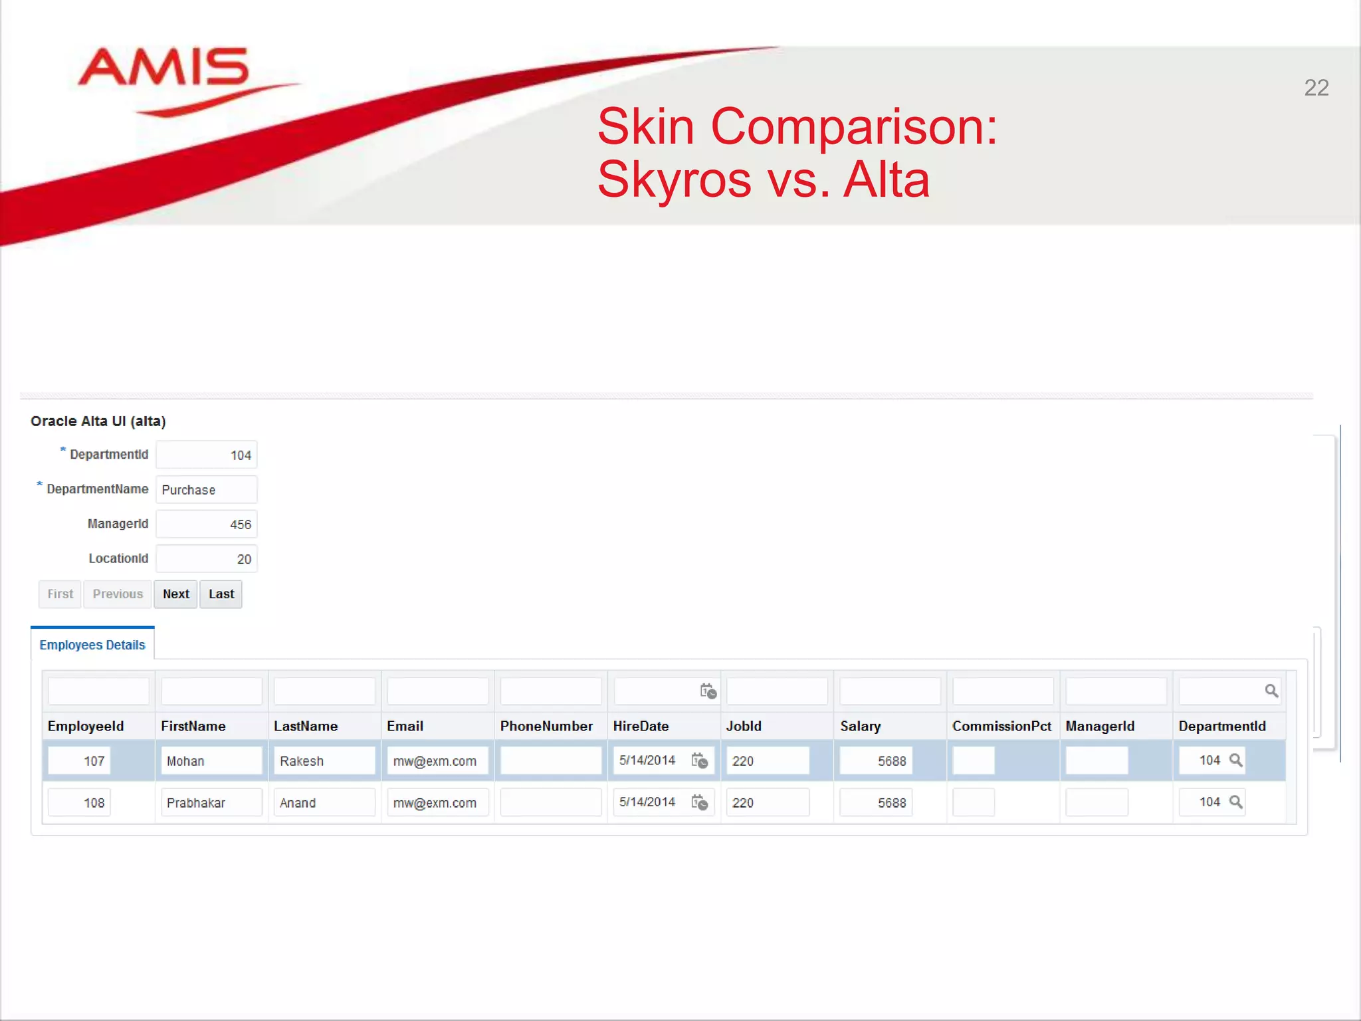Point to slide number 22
[x=1316, y=88]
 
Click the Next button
[x=175, y=594]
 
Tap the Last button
[x=221, y=594]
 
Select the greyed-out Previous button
[x=118, y=594]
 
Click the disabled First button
[x=60, y=594]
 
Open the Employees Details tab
[x=92, y=645]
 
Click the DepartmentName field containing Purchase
[x=207, y=490]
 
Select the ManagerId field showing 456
[x=207, y=524]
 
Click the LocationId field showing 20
[x=207, y=559]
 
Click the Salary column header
[x=861, y=726]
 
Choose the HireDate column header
[x=641, y=726]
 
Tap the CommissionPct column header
[x=1001, y=726]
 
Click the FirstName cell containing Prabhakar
[x=211, y=803]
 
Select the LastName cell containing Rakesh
[x=324, y=761]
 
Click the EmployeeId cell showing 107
[x=80, y=761]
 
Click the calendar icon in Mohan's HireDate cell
[x=700, y=760]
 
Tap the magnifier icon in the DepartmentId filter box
[x=1271, y=691]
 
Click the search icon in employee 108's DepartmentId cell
[x=1236, y=802]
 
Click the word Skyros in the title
[x=674, y=179]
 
